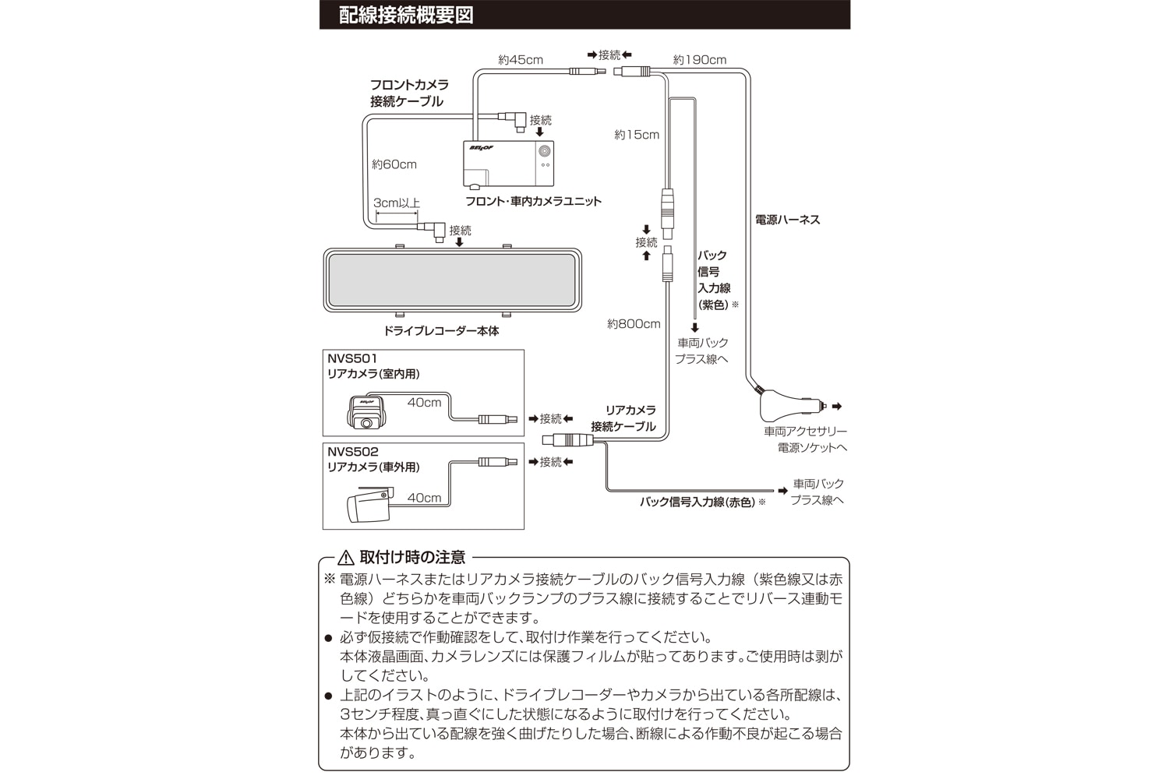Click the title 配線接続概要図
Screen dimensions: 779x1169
click(x=406, y=16)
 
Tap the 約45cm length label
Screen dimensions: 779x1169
click(x=521, y=60)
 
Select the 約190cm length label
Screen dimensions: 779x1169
click(x=699, y=60)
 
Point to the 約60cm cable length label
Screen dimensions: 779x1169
click(x=394, y=164)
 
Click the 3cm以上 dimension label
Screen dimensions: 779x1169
click(x=396, y=203)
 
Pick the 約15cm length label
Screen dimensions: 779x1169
click(x=636, y=135)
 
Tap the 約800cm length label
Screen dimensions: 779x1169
click(x=634, y=324)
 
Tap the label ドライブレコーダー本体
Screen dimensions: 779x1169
click(x=441, y=331)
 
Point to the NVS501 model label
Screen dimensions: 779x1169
click(x=352, y=359)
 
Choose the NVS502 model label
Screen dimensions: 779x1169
click(x=352, y=452)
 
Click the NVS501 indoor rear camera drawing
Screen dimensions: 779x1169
click(x=365, y=413)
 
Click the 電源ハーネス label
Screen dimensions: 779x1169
click(x=787, y=220)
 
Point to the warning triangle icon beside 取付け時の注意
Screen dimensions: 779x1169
click(x=346, y=558)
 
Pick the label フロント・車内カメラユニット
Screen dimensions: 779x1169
click(x=533, y=201)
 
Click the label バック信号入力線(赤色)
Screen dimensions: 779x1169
click(x=698, y=502)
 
